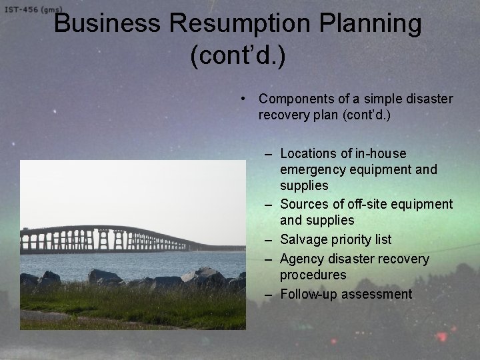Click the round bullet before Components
(245, 99)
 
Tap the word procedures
(313, 275)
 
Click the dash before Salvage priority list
(268, 239)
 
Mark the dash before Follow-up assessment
(268, 294)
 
